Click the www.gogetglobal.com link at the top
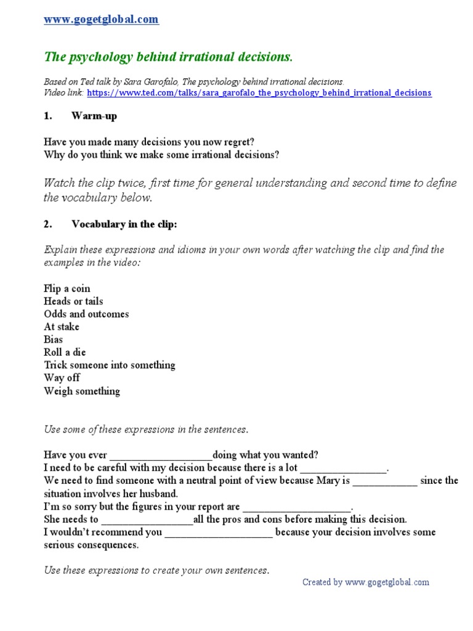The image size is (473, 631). tap(101, 20)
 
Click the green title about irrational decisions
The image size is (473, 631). tap(168, 57)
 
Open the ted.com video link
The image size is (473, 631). tap(259, 93)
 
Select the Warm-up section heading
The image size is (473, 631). tap(94, 116)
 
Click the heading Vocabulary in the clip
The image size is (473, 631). tap(124, 224)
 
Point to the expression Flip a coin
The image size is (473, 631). tap(67, 288)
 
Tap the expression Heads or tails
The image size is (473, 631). tap(73, 301)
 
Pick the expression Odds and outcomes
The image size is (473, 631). tap(86, 314)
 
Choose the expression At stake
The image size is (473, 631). tap(62, 327)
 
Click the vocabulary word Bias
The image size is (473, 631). tap(54, 340)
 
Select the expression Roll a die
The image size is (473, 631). tap(65, 352)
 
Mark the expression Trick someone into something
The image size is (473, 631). tap(110, 365)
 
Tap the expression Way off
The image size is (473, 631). tap(62, 378)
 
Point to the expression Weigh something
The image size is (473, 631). tap(82, 391)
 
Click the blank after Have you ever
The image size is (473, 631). tap(161, 456)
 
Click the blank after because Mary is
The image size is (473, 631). tap(385, 481)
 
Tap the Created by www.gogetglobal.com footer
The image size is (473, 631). tap(365, 582)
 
